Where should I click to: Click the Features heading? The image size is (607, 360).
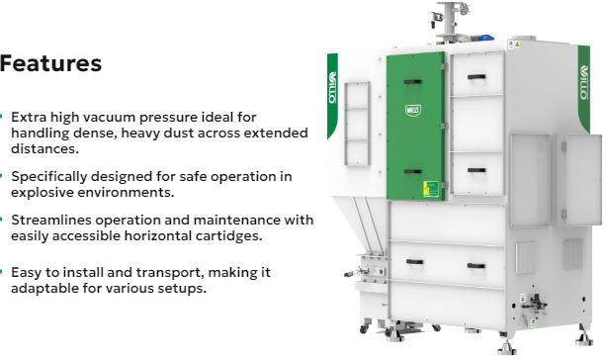[x=50, y=63]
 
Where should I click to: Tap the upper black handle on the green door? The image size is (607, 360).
[x=412, y=82]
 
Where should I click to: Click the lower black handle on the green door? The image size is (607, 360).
[x=412, y=171]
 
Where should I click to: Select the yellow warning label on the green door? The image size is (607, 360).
[x=431, y=189]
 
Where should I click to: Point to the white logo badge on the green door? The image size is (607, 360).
[x=413, y=111]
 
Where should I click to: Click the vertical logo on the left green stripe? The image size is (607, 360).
[x=332, y=87]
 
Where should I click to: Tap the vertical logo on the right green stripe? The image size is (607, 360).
[x=584, y=82]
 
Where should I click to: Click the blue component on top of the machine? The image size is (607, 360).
[x=485, y=38]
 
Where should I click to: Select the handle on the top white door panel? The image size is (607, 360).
[x=477, y=77]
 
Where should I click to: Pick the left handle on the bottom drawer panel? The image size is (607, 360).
[x=414, y=262]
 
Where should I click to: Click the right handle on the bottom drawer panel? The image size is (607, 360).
[x=477, y=266]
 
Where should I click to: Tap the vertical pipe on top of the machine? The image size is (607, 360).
[x=449, y=19]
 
